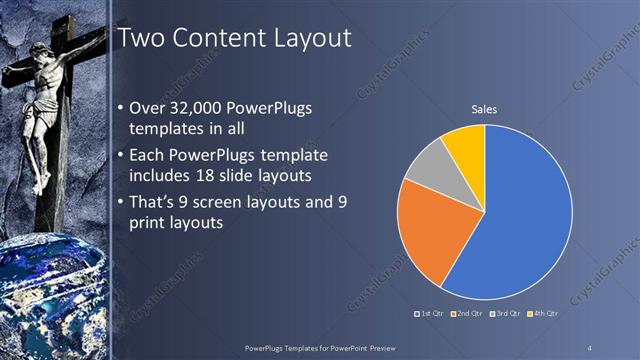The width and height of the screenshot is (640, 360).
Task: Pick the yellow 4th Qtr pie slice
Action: click(466, 146)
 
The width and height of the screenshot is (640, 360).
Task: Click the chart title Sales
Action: click(484, 109)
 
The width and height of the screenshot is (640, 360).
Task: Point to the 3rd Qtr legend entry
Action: click(505, 313)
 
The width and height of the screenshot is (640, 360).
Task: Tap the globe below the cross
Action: click(50, 300)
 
